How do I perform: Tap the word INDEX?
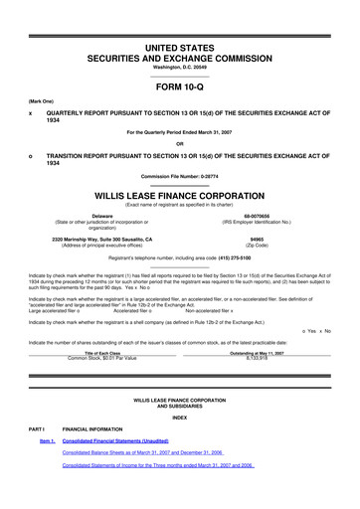179,417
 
